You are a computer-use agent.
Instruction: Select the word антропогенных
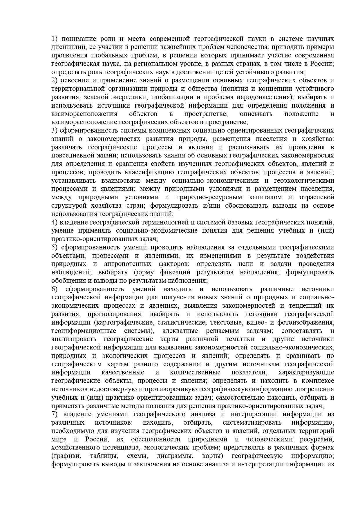coord(128,264)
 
